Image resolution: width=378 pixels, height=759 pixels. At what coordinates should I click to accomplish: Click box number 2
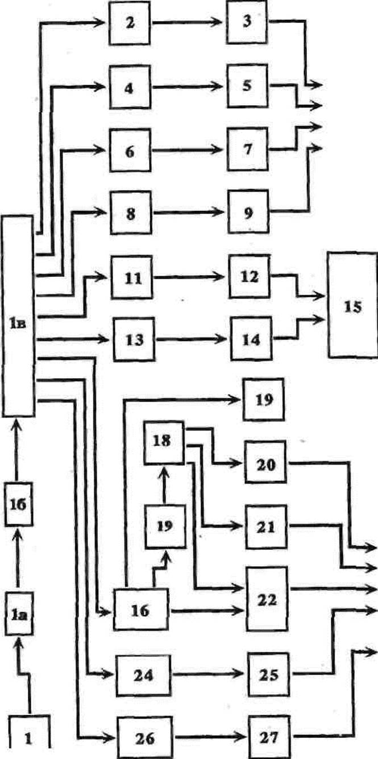click(x=131, y=24)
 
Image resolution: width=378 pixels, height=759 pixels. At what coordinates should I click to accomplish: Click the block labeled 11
click(x=132, y=278)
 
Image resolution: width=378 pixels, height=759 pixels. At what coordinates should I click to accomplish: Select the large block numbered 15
click(x=352, y=307)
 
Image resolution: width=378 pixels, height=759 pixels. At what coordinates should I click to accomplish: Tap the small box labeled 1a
click(x=18, y=613)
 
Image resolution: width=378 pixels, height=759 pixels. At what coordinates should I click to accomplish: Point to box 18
click(x=164, y=442)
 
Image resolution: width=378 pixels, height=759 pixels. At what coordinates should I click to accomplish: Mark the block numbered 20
click(x=265, y=464)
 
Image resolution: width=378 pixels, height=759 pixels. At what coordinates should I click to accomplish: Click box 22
click(x=267, y=598)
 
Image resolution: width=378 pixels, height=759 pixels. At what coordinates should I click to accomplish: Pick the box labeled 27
click(x=269, y=738)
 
